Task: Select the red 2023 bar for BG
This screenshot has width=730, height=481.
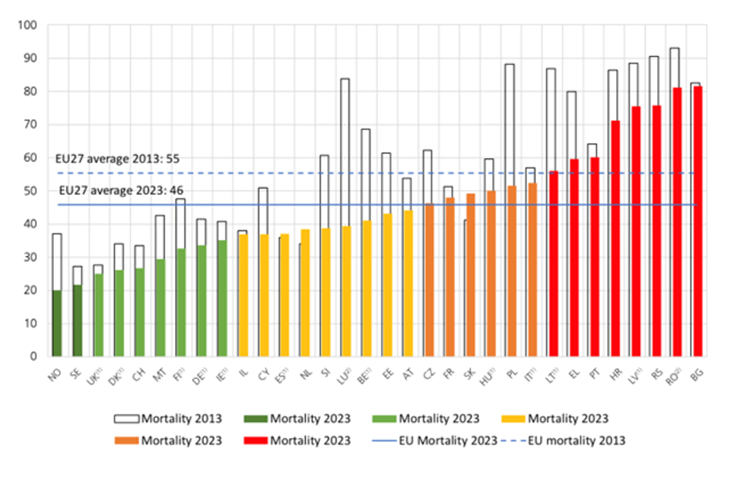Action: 698,221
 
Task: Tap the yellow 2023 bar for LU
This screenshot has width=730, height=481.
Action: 346,291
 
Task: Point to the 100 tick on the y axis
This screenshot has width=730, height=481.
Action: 28,25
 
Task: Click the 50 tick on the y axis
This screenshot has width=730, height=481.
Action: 30,191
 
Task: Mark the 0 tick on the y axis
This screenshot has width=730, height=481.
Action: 33,357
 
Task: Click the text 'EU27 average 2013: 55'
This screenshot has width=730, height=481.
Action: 117,159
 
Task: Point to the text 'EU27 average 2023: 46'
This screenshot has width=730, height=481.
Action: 121,190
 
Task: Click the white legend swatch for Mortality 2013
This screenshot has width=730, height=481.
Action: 126,419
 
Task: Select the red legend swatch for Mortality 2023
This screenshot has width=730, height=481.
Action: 255,441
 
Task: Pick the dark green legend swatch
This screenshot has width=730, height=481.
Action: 255,419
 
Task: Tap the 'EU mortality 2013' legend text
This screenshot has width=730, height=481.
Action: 576,441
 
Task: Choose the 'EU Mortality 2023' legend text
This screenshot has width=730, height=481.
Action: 448,441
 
